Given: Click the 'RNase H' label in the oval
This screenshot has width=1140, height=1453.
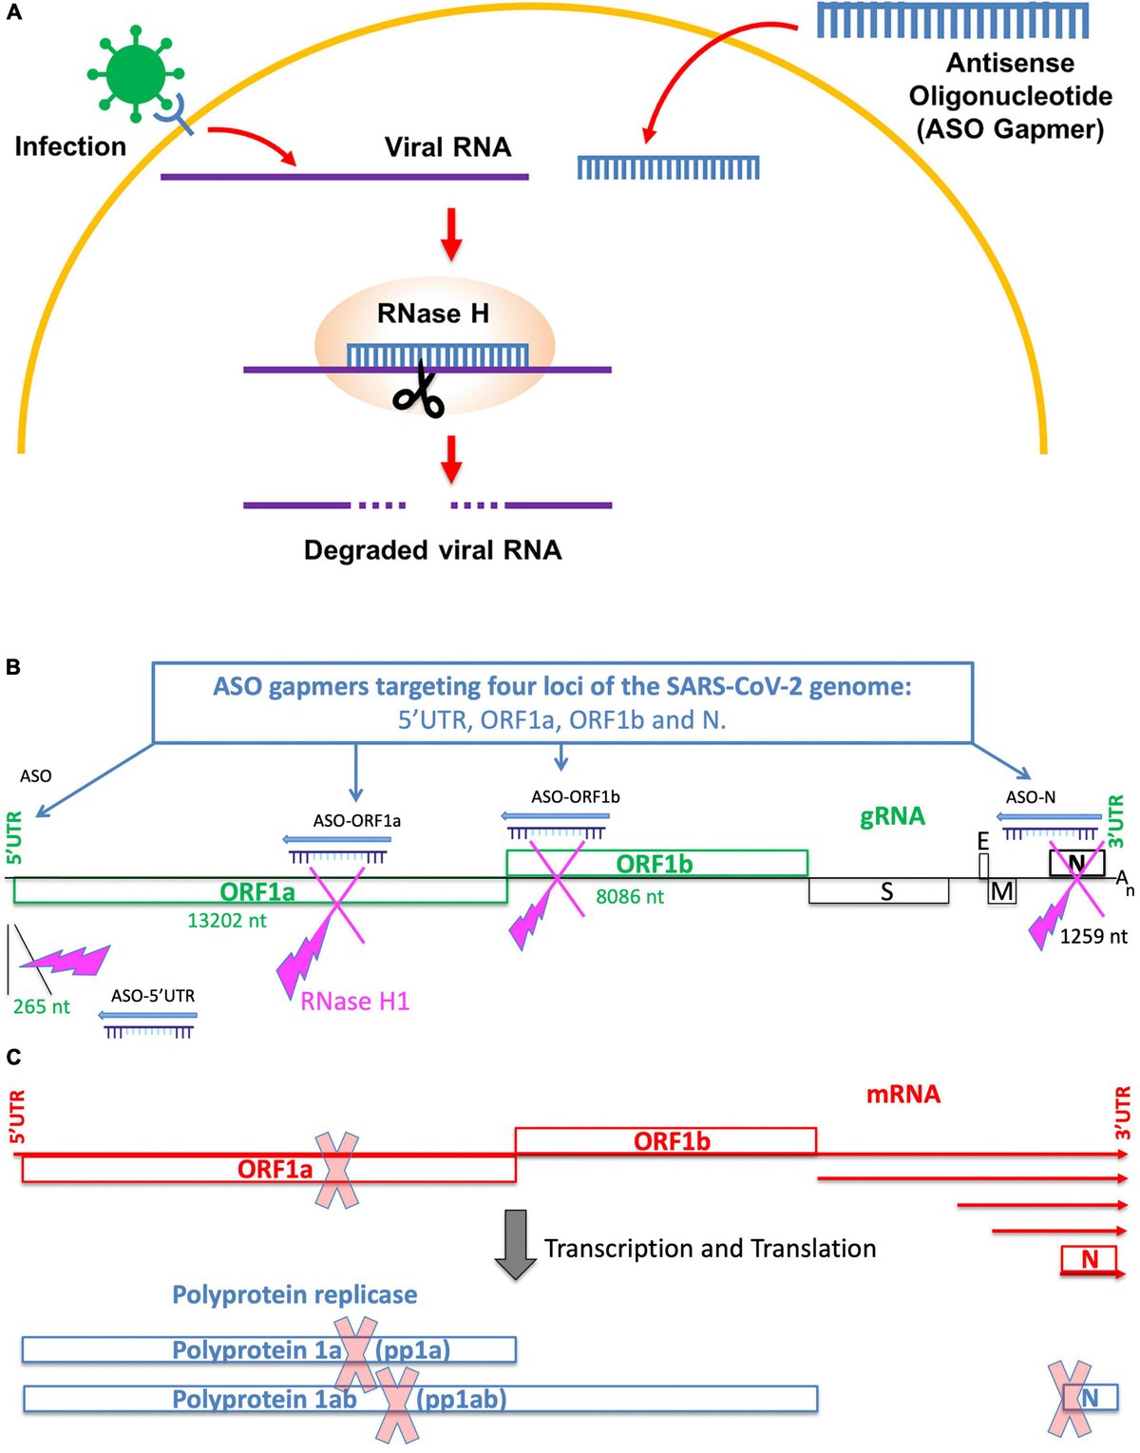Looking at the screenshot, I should coord(433,314).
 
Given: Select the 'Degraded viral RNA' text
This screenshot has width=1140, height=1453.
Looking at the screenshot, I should coord(432,550).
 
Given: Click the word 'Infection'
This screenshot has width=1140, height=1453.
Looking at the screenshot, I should coord(70,146).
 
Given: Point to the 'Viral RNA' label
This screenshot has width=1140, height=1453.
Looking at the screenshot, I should coord(447,147).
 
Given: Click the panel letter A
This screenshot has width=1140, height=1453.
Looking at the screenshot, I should coord(13,13).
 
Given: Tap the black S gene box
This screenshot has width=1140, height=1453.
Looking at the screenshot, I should coord(879,891).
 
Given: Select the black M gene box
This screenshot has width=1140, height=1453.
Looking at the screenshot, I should coord(1001,891).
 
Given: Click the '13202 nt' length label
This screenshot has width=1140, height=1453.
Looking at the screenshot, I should coord(227,920).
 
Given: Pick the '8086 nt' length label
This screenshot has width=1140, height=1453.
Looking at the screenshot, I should coord(629,896).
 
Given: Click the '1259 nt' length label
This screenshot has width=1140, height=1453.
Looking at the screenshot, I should coord(1093,936).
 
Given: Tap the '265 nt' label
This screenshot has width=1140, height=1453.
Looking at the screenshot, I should coord(41,1006).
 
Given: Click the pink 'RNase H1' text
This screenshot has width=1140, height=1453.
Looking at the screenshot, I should coord(354,1002).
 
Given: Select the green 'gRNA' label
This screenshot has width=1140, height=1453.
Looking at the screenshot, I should coord(892,816).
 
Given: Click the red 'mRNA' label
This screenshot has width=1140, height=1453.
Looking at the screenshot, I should coord(902,1094).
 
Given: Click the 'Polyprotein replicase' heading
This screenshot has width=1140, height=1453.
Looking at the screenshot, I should coord(294,1294).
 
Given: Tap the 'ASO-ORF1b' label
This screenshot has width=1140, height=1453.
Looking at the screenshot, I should coord(575,796).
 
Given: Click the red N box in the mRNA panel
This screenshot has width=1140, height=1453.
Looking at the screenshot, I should coord(1089,1259).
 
